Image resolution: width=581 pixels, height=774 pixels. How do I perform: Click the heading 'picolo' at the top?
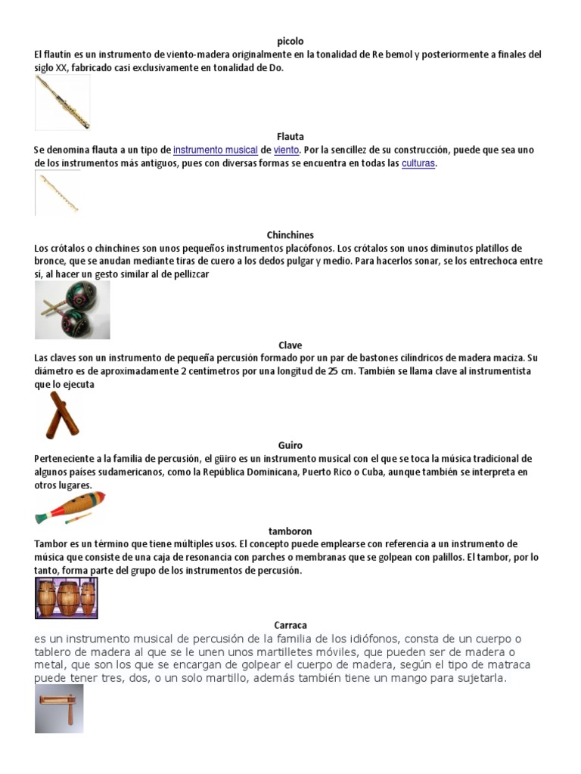pos(290,42)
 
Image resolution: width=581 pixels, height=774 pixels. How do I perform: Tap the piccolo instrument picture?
pos(62,102)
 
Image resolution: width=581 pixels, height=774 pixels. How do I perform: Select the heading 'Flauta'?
pos(290,137)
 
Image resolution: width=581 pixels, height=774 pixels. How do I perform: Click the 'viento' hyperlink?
pos(287,150)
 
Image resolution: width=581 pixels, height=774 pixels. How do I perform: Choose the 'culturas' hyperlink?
pos(418,163)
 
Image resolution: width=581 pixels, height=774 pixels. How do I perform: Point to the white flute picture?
pos(57,193)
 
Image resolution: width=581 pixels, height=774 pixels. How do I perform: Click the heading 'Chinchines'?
pos(290,235)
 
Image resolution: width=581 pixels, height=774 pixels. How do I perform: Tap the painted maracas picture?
pos(73,309)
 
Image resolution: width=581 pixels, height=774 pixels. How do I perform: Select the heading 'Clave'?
pos(290,345)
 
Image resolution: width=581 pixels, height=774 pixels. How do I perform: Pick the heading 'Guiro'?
pos(290,445)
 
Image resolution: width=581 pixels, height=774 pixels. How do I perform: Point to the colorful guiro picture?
pos(70,508)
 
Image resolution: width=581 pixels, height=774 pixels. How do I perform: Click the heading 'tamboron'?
pos(290,531)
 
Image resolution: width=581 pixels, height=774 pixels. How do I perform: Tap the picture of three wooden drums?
pos(67,577)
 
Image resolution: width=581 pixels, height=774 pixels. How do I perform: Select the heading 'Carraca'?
pos(290,625)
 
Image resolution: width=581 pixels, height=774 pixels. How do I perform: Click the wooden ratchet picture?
pos(59,708)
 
